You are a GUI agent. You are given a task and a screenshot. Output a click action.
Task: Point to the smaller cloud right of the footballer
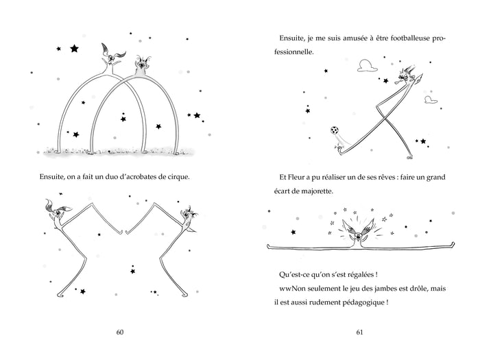[431, 99]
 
